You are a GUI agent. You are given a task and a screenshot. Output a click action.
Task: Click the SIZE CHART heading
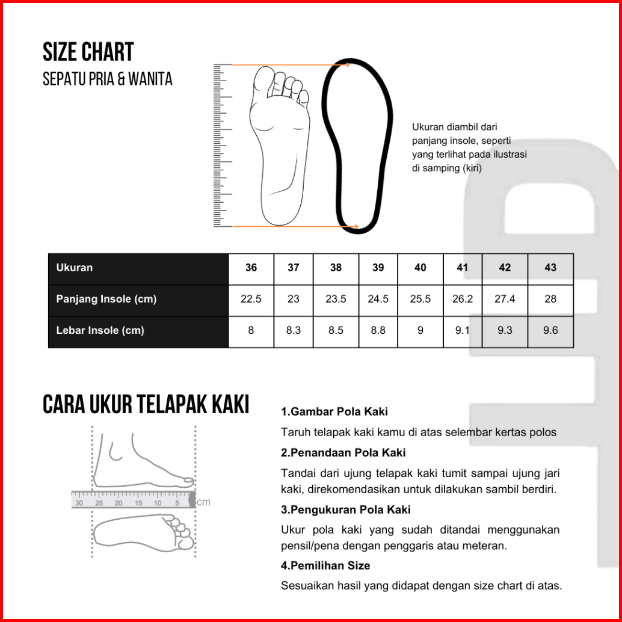[x=88, y=52]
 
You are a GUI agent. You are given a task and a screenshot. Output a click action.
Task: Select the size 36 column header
[x=251, y=268]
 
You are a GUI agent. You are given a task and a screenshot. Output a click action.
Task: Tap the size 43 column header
[x=550, y=268]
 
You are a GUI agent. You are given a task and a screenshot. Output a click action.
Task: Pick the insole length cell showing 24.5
[x=378, y=299]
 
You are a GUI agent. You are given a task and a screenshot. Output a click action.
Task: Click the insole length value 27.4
[x=505, y=299]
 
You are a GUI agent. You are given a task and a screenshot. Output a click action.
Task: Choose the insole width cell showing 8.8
[x=378, y=330]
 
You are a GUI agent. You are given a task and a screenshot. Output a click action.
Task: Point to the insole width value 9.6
[x=550, y=330]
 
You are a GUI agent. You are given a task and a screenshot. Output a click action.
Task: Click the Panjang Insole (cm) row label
[x=106, y=299]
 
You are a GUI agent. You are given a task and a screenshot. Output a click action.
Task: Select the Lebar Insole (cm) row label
[x=100, y=330]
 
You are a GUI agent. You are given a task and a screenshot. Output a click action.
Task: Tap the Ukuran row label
[x=75, y=268]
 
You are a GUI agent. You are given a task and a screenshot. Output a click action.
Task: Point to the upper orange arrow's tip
[x=348, y=64]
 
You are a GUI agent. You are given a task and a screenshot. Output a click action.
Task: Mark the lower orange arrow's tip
[x=358, y=227]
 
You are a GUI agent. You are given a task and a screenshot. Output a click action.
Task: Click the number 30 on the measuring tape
[x=79, y=503]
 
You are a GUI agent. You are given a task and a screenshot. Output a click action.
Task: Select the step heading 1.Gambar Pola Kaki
[x=334, y=412]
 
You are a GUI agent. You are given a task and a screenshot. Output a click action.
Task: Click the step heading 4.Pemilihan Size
[x=325, y=565]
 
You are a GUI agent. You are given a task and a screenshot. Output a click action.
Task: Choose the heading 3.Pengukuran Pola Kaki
[x=346, y=510]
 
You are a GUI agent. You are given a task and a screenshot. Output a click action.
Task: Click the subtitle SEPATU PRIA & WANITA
[x=107, y=79]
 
